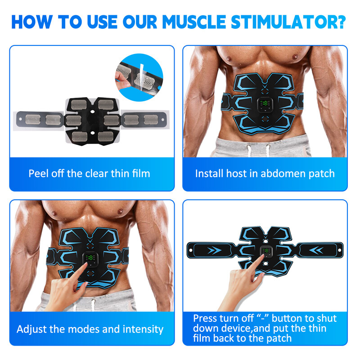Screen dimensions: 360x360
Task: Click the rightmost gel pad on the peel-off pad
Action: coord(150,119)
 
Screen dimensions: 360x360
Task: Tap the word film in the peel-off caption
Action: coord(139,173)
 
